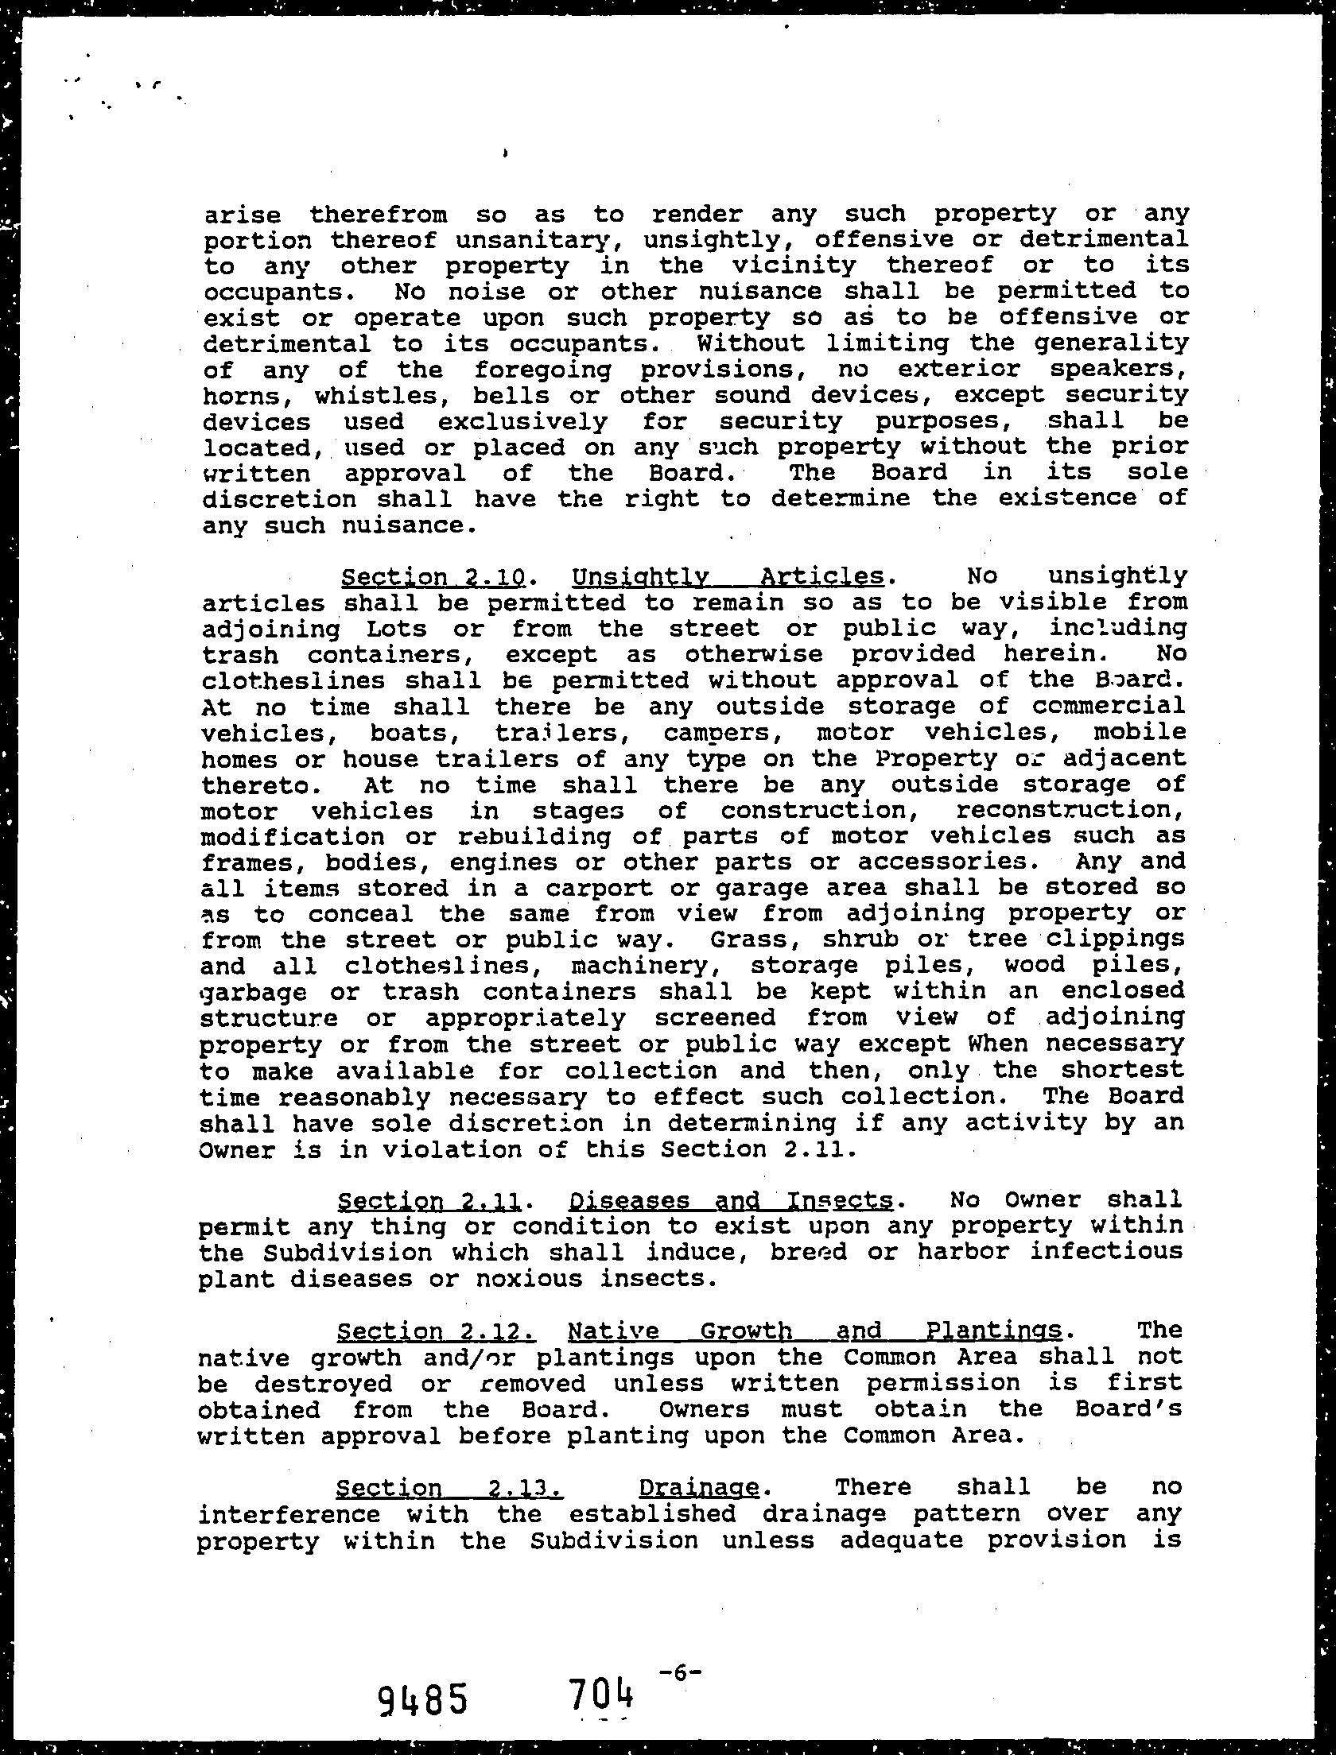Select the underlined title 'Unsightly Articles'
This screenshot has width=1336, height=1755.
pos(728,576)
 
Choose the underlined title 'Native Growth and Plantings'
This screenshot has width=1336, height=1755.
pos(815,1331)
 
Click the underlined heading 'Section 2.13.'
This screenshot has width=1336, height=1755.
pos(449,1487)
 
